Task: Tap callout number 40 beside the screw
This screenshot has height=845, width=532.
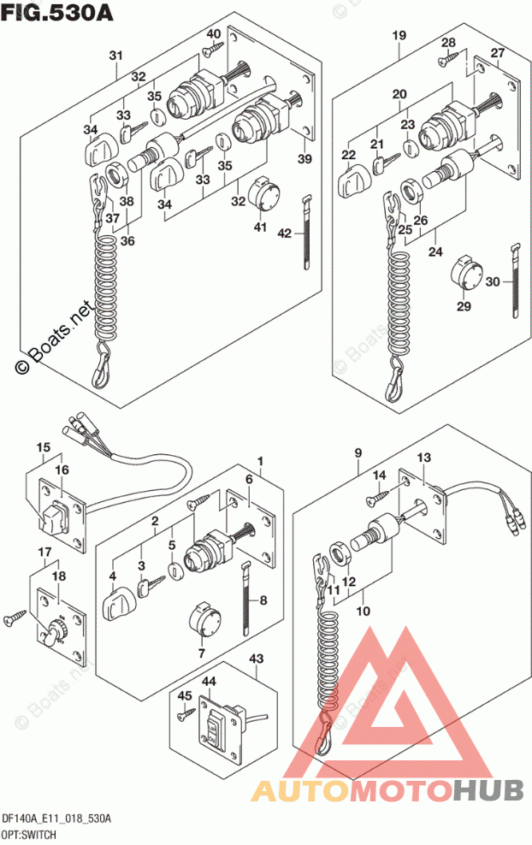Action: point(214,35)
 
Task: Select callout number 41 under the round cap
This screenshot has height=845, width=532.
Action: point(260,227)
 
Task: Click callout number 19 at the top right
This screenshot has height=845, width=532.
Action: point(399,36)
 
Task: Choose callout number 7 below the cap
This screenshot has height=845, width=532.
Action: point(202,653)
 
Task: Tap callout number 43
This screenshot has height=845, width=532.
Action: point(256,659)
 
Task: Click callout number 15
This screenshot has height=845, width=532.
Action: point(42,446)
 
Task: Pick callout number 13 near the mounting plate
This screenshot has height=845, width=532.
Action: point(424,459)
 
